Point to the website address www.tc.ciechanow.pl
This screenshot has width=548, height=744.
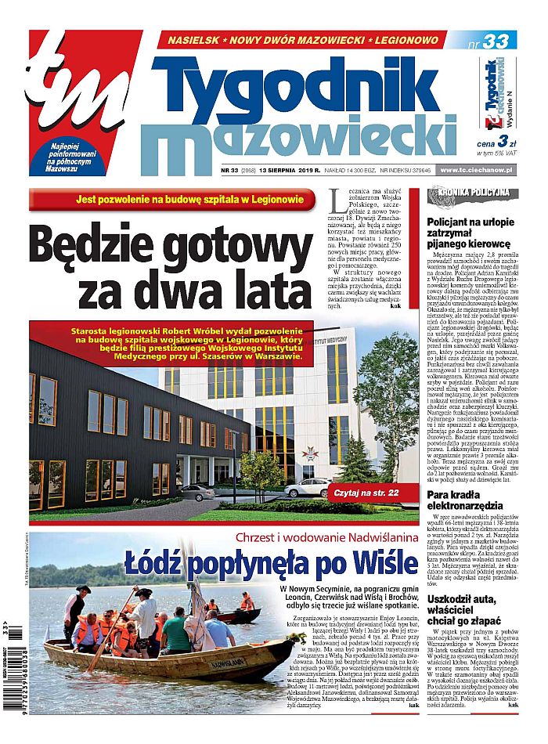[476, 170]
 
